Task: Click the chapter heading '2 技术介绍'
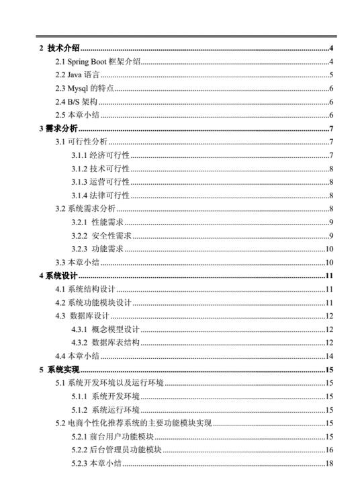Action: coord(60,48)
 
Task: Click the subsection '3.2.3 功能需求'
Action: coord(98,249)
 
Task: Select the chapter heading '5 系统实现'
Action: coord(60,370)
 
